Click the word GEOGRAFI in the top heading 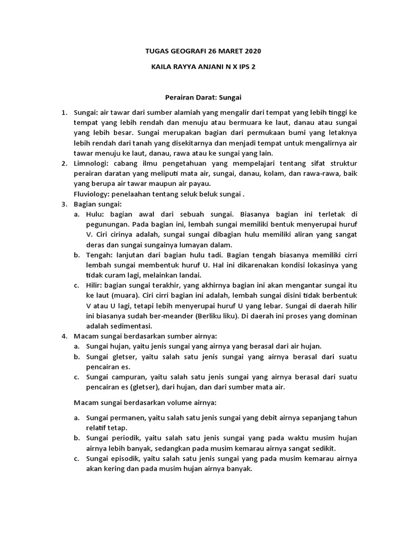click(x=185, y=51)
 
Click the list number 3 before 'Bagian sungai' click(x=64, y=204)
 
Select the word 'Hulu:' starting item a click(x=96, y=214)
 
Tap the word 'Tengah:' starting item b click(x=100, y=256)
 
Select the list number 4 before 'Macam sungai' click(x=64, y=336)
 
